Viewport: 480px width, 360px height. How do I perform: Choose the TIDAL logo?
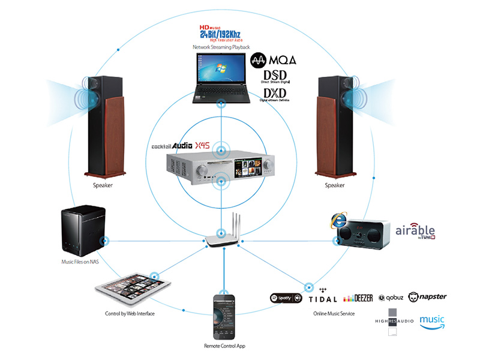coord(323,296)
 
